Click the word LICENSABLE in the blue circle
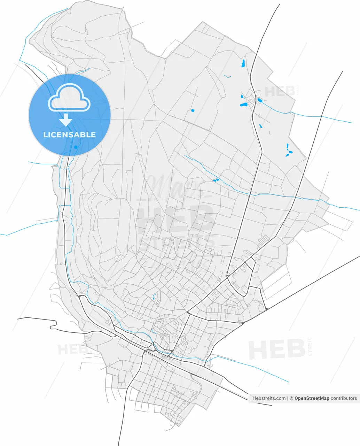69,135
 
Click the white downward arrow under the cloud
65,120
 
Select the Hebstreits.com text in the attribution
269,398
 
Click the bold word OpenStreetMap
312,398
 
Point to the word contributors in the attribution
344,398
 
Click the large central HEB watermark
176,220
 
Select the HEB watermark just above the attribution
277,349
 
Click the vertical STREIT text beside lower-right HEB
310,347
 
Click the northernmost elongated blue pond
243,63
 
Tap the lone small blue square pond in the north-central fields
193,110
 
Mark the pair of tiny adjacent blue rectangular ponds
216,180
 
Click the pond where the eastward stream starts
259,101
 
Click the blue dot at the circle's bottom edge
76,147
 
